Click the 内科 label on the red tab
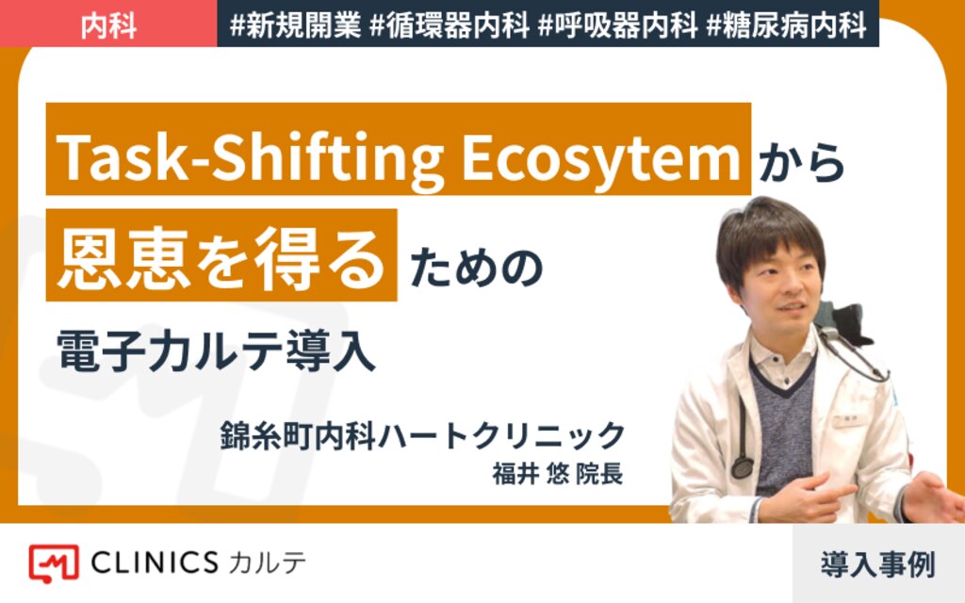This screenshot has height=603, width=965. (108, 25)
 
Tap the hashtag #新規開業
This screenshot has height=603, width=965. (295, 25)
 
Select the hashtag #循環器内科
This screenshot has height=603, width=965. (450, 25)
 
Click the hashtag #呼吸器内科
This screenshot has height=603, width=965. (617, 25)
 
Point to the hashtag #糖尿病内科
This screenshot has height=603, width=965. (786, 25)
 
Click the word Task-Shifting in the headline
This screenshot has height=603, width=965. (250, 157)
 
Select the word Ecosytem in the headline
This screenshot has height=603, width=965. (600, 157)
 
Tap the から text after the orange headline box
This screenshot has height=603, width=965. (802, 162)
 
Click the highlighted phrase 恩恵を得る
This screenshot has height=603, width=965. (221, 257)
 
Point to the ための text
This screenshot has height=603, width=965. (476, 268)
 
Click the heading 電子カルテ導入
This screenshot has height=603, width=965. (216, 350)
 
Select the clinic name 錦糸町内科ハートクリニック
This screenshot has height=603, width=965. (423, 435)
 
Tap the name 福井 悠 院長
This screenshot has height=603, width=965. (558, 474)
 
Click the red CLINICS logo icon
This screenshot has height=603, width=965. (54, 563)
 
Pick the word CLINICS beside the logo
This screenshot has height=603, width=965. (155, 562)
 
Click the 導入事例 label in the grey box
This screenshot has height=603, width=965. (877, 564)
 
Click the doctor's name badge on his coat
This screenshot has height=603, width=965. (850, 420)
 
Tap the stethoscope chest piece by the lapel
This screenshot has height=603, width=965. (743, 468)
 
